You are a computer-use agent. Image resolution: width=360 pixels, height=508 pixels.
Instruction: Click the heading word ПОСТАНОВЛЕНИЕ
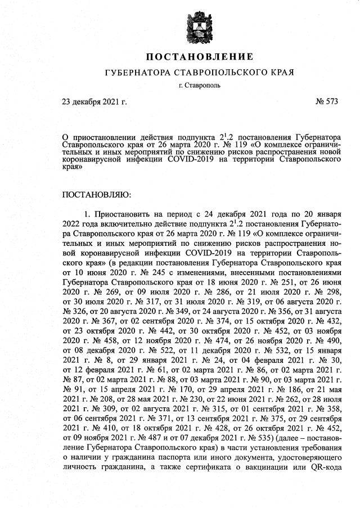click(200, 57)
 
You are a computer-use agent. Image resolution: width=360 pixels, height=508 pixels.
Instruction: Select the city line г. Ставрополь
click(199, 86)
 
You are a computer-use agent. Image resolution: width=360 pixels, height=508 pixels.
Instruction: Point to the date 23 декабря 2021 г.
click(94, 102)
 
